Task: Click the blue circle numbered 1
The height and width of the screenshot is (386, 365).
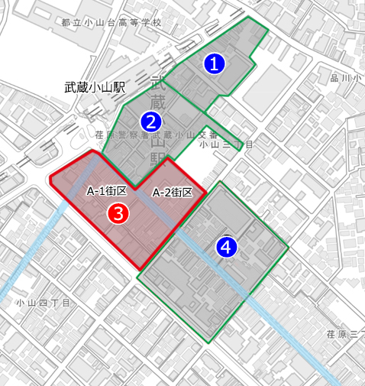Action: (x=216, y=64)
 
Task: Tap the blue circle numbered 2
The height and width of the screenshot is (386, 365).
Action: (x=151, y=121)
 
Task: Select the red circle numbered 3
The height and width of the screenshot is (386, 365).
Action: (x=117, y=213)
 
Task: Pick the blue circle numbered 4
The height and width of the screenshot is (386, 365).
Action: (x=226, y=246)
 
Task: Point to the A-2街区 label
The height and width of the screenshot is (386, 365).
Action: (x=172, y=192)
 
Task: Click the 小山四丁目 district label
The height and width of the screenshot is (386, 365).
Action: (x=44, y=303)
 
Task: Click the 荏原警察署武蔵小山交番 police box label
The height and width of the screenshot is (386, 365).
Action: (x=157, y=135)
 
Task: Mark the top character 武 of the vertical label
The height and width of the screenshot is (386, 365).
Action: (x=158, y=83)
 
